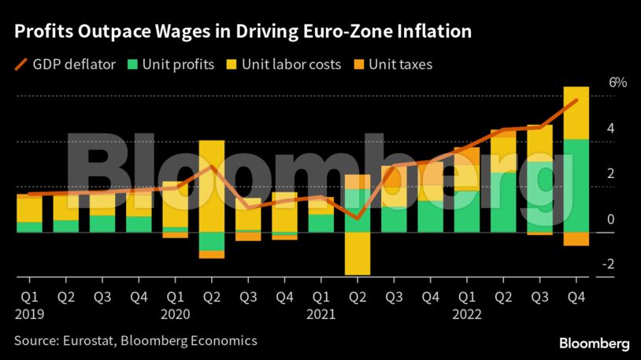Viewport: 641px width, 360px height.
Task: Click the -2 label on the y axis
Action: (x=607, y=265)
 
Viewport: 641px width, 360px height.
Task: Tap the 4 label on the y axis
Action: (x=610, y=128)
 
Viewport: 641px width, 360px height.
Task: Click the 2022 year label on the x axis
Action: (x=468, y=313)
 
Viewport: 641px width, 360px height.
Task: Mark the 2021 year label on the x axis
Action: (x=321, y=313)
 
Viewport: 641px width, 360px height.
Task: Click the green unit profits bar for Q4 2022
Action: (x=576, y=185)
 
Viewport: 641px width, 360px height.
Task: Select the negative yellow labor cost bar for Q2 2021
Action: (x=358, y=254)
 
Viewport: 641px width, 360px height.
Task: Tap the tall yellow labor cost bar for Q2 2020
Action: (x=211, y=186)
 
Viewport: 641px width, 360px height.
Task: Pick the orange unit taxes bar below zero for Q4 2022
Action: (x=576, y=239)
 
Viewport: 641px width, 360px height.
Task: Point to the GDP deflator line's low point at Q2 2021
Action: (x=358, y=218)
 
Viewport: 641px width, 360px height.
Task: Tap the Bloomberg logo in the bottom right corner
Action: (x=594, y=343)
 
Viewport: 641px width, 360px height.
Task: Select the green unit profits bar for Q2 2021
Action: (x=358, y=210)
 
